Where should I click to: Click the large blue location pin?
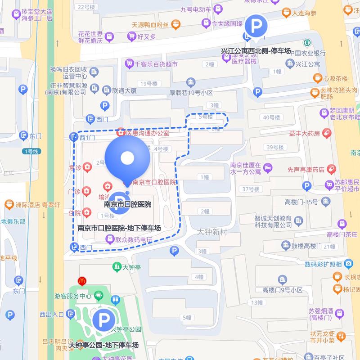127,158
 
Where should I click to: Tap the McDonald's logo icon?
82,280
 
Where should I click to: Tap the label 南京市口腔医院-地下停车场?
119,228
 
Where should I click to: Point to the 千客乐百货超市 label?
156,64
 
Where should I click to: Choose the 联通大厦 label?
124,90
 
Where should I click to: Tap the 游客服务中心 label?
73,297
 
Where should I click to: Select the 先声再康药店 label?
306,170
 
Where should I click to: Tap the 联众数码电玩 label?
134,240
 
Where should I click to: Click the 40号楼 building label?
271,117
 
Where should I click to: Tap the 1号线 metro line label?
31,151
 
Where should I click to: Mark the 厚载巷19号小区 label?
190,92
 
